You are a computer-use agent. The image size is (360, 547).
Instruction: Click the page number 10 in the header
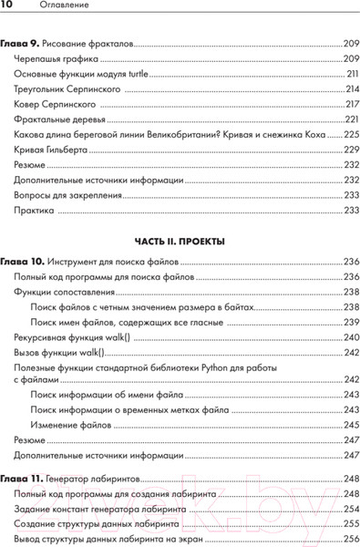pos(7,9)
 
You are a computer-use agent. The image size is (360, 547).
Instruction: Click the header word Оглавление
pos(49,9)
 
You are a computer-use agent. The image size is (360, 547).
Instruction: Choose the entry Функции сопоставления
pos(64,293)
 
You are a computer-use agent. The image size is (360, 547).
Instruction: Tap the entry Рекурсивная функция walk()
pos(72,337)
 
